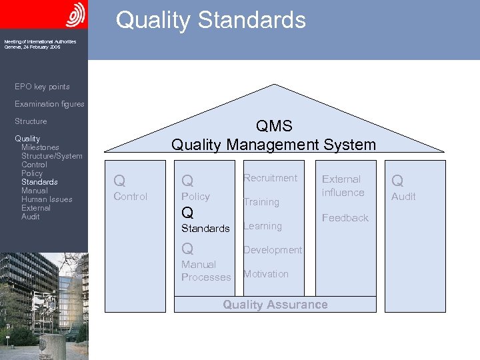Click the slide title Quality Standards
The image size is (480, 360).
click(x=211, y=20)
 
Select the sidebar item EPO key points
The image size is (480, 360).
click(x=42, y=87)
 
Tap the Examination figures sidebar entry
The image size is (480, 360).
click(x=49, y=104)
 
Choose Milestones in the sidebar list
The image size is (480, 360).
click(x=40, y=147)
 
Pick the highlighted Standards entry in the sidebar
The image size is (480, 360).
click(x=39, y=182)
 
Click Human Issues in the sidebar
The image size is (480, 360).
click(x=47, y=199)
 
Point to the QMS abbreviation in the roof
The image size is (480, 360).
click(x=273, y=127)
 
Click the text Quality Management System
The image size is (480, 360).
click(x=273, y=144)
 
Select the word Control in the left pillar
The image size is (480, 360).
click(x=131, y=197)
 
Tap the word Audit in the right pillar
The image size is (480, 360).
click(x=403, y=197)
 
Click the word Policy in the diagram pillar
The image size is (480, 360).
click(x=195, y=197)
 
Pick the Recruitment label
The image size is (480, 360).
click(x=270, y=178)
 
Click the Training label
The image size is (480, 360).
click(x=261, y=202)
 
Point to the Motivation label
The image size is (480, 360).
click(x=266, y=274)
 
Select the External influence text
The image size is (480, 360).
click(x=343, y=186)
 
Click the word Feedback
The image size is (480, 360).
click(x=345, y=218)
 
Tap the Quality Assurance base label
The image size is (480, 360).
click(x=275, y=305)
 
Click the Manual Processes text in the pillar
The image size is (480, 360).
click(x=206, y=271)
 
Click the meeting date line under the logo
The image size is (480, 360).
click(x=32, y=47)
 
